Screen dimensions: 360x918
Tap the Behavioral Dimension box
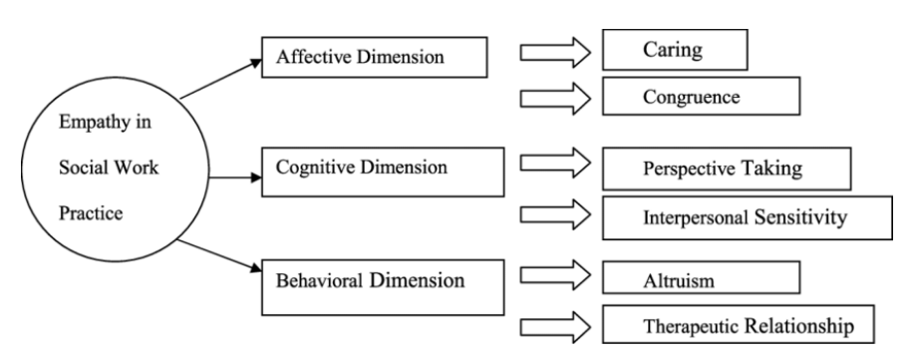coord(379,282)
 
